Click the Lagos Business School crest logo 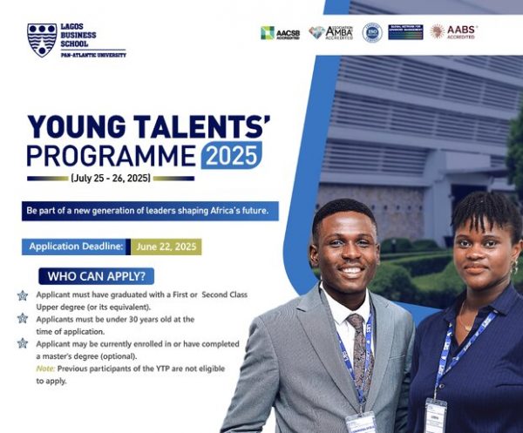click(42, 39)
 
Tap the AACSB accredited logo click(280, 32)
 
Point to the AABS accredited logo click(453, 31)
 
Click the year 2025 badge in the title click(230, 156)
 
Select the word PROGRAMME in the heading click(111, 156)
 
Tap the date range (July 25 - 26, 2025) click(111, 179)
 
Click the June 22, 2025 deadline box click(167, 247)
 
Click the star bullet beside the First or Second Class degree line click(23, 296)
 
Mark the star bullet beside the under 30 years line click(23, 319)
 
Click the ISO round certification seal click(372, 32)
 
